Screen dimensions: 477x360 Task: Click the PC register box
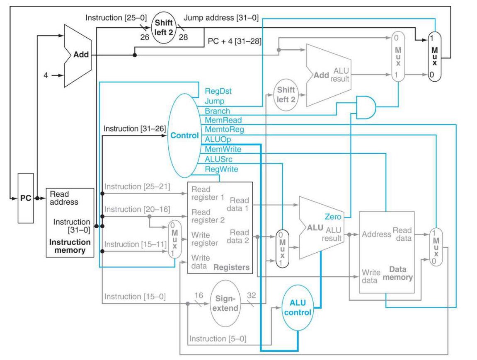tap(26, 198)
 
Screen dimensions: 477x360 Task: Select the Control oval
tap(184, 135)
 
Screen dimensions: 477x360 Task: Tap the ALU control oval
tap(298, 308)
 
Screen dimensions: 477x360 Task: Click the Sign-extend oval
tap(225, 303)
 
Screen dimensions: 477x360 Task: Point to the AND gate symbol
tap(366, 107)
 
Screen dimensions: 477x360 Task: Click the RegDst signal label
tap(218, 91)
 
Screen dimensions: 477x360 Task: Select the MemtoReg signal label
tap(224, 130)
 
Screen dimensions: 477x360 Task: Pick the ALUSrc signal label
tap(218, 159)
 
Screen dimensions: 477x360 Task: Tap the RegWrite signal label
tap(221, 169)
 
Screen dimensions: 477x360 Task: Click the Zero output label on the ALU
tap(333, 217)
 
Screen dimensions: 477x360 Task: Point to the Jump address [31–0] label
tap(221, 18)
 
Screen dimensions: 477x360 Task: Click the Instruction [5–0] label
tap(218, 339)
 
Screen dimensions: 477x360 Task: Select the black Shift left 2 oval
tap(164, 27)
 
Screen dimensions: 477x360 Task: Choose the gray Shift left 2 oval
tap(286, 94)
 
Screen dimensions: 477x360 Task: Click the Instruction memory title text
tap(70, 246)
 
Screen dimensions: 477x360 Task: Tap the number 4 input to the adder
tap(46, 75)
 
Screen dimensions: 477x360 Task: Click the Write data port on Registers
tap(199, 262)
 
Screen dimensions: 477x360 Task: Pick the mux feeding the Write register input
tap(174, 239)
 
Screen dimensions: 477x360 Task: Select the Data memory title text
tap(398, 273)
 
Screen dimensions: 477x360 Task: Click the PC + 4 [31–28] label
tap(235, 41)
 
